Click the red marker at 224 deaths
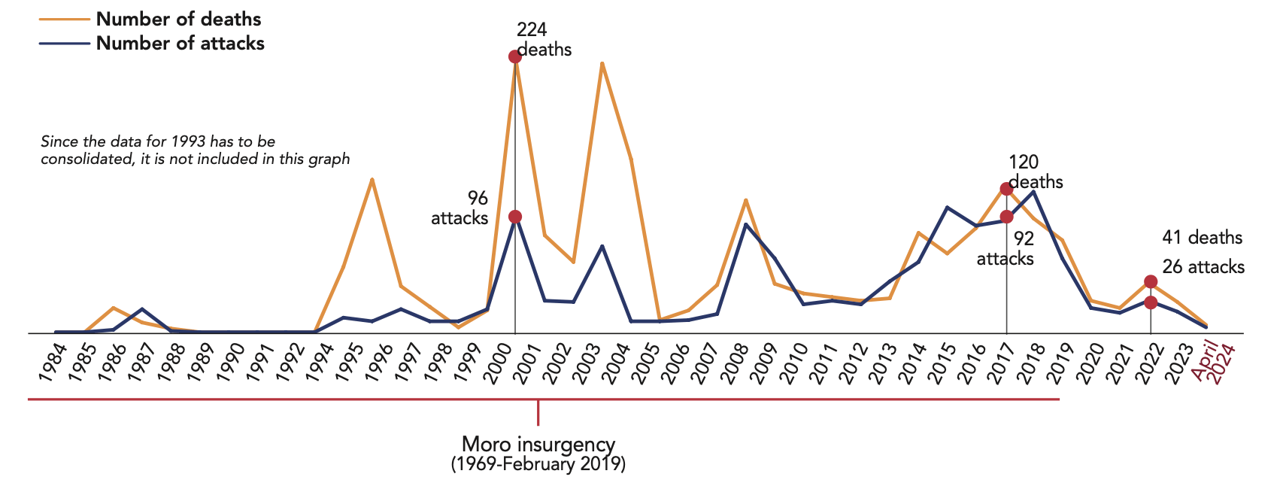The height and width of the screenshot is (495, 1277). (x=515, y=56)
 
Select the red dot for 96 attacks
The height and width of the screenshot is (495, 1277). (x=515, y=217)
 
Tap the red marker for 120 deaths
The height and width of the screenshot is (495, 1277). (x=1006, y=189)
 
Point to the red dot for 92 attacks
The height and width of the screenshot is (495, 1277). (x=1006, y=217)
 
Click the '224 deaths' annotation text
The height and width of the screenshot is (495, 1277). (x=544, y=40)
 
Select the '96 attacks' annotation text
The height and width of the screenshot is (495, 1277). (x=460, y=208)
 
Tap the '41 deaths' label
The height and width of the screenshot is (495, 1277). (x=1202, y=238)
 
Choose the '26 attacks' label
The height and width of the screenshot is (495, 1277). (x=1203, y=267)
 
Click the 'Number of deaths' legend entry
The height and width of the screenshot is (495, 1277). (x=179, y=19)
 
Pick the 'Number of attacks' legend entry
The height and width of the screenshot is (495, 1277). (x=180, y=43)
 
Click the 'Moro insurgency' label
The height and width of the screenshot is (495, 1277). (x=538, y=444)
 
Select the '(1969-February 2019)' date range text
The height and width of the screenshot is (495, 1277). (x=538, y=463)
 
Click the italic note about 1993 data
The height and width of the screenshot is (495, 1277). (x=196, y=150)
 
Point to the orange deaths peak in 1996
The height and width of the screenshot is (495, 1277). (x=372, y=179)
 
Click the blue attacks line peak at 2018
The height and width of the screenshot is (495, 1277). (x=1035, y=191)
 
